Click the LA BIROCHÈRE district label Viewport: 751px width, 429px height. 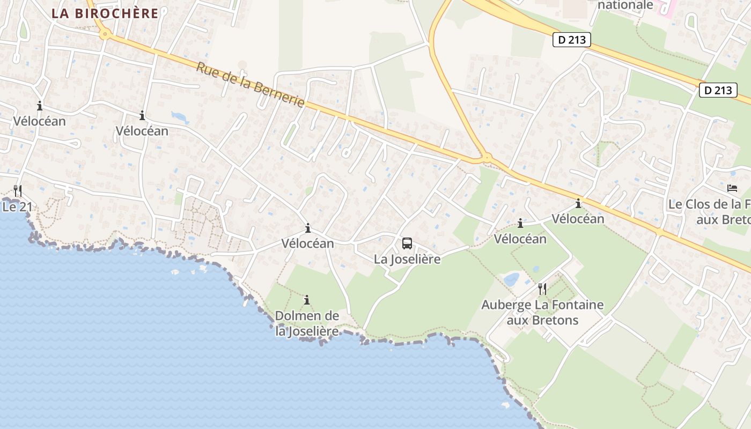click(105, 13)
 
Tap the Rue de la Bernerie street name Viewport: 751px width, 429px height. click(250, 85)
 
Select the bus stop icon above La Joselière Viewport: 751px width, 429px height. click(407, 243)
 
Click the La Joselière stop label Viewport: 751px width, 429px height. click(407, 259)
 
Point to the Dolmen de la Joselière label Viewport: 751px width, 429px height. click(307, 323)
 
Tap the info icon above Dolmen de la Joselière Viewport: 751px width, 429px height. click(307, 300)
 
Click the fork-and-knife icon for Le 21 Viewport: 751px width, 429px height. click(18, 190)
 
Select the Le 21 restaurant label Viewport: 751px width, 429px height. click(14, 206)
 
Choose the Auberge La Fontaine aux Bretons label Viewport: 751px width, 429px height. click(542, 313)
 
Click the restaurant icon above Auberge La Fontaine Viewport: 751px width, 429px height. click(542, 289)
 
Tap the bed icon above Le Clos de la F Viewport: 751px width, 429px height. click(732, 188)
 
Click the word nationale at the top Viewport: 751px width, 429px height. click(625, 5)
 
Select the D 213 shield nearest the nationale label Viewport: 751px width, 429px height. click(572, 40)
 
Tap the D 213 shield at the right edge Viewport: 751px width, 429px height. click(718, 90)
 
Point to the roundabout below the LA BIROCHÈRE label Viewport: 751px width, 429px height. click(105, 35)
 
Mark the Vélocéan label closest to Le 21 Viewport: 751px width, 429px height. click(39, 121)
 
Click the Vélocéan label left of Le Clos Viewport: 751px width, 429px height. click(578, 219)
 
